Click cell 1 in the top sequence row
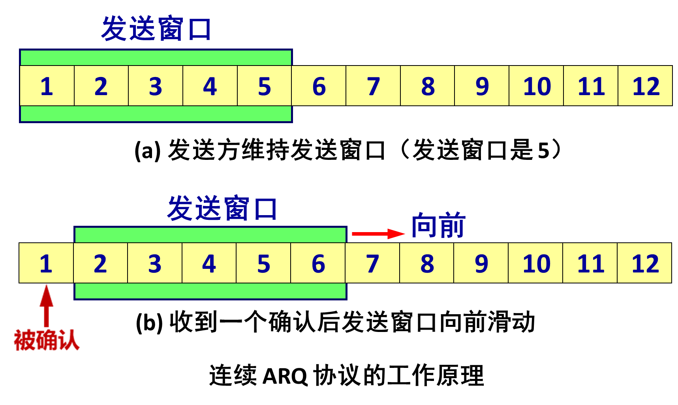click(47, 86)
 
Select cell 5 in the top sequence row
click(265, 86)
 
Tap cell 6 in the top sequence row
click(319, 86)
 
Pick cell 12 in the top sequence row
click(645, 86)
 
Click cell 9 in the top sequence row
click(482, 86)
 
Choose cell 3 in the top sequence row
click(156, 86)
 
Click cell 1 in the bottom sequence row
click(46, 263)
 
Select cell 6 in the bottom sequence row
click(318, 263)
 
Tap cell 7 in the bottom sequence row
click(372, 263)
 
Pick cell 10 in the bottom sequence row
click(536, 263)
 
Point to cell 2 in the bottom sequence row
click(100, 263)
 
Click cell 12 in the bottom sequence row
click(644, 263)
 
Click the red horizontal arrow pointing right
click(378, 234)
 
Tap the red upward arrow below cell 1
click(47, 304)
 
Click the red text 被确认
click(47, 340)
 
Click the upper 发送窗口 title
click(156, 28)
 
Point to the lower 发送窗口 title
click(222, 208)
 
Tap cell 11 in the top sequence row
click(591, 86)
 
